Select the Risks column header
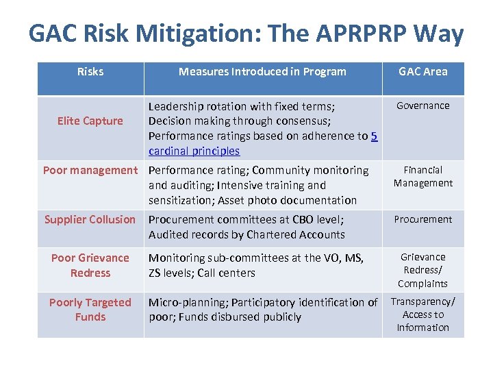click(x=90, y=71)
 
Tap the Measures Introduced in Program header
click(x=262, y=71)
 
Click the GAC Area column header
click(x=422, y=71)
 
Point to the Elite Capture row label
click(x=90, y=121)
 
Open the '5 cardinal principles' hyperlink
click(x=194, y=151)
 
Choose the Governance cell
click(x=422, y=106)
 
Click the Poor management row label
click(x=90, y=170)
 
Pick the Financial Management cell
click(x=422, y=176)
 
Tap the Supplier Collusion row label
click(x=90, y=219)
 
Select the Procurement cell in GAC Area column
click(x=422, y=219)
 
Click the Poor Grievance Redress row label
click(x=90, y=265)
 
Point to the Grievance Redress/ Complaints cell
click(x=422, y=270)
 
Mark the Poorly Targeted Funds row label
click(x=90, y=309)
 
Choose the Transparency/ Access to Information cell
click(x=422, y=314)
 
